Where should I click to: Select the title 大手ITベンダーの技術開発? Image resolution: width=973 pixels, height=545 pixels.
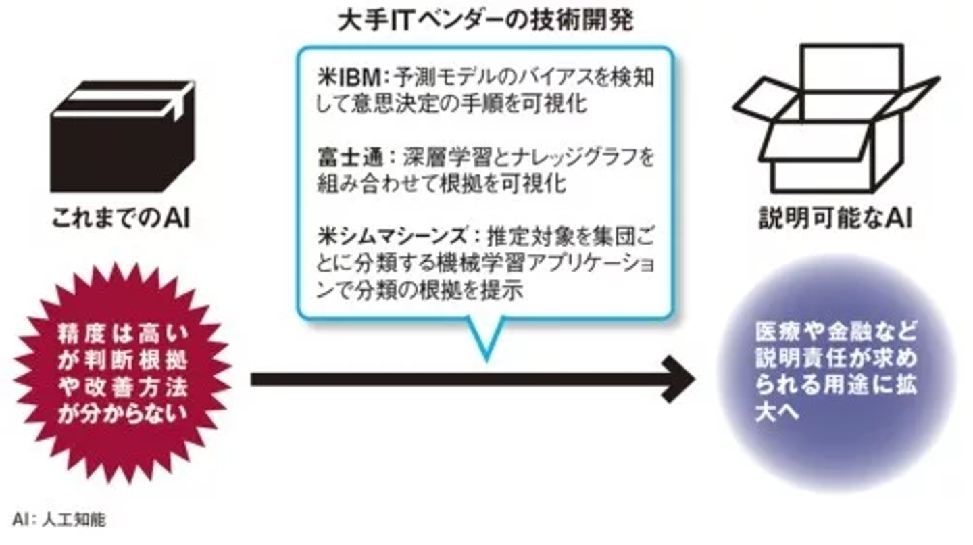[x=486, y=21]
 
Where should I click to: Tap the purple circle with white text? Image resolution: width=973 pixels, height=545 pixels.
[x=836, y=373]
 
